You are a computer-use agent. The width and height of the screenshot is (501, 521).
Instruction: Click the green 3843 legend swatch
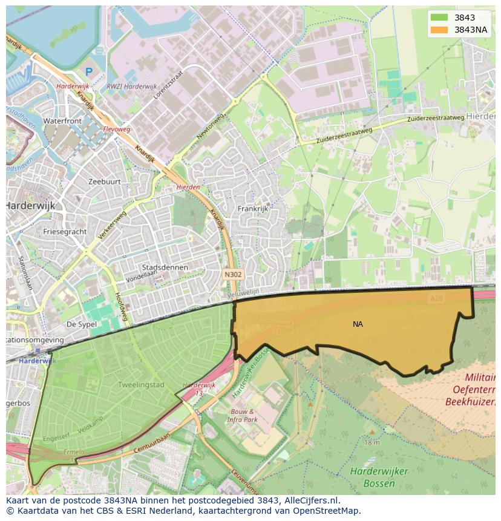pos(439,18)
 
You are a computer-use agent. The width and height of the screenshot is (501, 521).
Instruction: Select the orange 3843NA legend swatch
pos(439,30)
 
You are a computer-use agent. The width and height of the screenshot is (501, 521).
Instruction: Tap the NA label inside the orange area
pos(358,324)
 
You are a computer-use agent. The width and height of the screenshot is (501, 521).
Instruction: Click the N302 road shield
pos(233,275)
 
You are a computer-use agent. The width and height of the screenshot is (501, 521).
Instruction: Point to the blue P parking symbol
pos(89,72)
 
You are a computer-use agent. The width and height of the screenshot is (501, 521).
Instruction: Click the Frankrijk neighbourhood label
pos(253,209)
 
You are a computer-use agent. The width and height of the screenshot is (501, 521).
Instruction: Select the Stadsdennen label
pos(165,267)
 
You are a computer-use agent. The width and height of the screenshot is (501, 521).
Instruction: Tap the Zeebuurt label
pos(105,182)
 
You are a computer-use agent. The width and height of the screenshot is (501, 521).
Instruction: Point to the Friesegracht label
pos(65,231)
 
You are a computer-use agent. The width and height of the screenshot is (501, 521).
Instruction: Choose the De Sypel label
pos(82,324)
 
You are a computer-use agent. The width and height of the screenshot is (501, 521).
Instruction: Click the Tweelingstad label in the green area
pos(141,385)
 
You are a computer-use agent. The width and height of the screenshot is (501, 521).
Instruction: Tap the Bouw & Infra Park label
pos(243,415)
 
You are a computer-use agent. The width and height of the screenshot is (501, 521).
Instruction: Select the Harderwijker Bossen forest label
pos(379,477)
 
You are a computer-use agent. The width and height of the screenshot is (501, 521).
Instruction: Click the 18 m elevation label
pos(372,442)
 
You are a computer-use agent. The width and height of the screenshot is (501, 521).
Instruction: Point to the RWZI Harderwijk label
pos(131,87)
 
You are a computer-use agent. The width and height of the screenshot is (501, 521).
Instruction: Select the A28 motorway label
pos(436,298)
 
